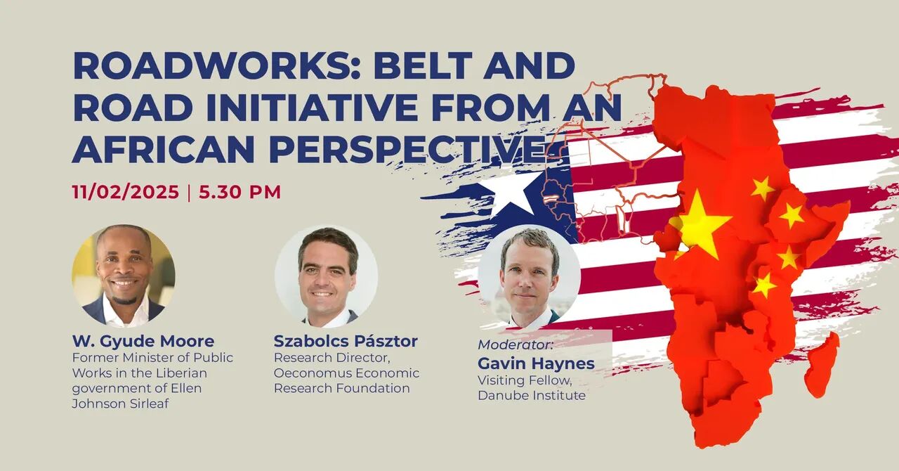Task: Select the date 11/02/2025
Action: [126, 192]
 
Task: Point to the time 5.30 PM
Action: [240, 192]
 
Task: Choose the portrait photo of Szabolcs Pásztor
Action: [327, 276]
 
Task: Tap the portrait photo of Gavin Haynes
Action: [530, 276]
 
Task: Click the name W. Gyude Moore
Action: [143, 342]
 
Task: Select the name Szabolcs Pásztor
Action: [346, 342]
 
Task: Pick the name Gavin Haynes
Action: [536, 363]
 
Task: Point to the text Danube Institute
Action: [532, 396]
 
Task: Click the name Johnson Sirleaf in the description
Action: [120, 404]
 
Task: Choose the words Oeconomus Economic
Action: [347, 373]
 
